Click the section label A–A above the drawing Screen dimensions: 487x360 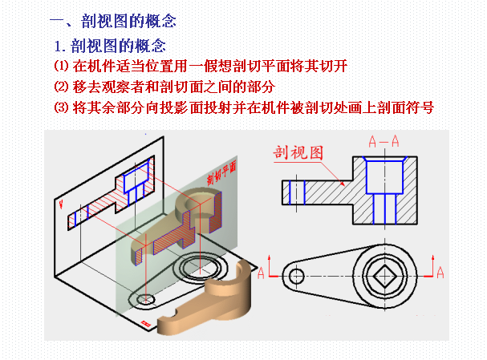click(x=384, y=142)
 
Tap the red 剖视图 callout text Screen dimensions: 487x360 click(x=298, y=152)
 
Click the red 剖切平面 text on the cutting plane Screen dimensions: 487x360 click(x=221, y=172)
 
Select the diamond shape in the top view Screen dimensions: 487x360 click(x=384, y=276)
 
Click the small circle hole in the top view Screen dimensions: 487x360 click(x=296, y=276)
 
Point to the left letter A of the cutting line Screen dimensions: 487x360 click(x=261, y=273)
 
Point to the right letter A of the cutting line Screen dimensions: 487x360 click(x=440, y=273)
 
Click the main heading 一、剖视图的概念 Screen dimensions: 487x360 click(x=113, y=21)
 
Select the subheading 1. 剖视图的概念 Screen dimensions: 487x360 click(x=110, y=46)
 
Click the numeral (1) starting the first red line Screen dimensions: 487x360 click(x=61, y=66)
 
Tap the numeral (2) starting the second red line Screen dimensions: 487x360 click(x=61, y=87)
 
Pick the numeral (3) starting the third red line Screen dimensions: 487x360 click(x=61, y=107)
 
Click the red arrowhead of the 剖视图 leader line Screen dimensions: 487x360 click(x=342, y=184)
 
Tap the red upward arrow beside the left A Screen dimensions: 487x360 click(x=270, y=265)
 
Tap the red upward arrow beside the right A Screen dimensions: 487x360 click(x=432, y=265)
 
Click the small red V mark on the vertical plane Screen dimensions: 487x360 click(x=61, y=204)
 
